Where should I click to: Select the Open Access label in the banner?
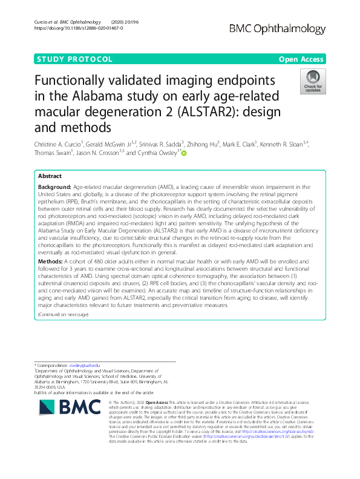coord(301,59)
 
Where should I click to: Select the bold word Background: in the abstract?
coord(54,188)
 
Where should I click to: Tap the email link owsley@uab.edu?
coord(84,365)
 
